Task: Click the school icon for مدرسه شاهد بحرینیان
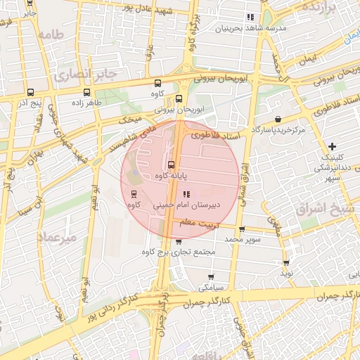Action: (250, 17)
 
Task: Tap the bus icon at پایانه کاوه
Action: (172, 165)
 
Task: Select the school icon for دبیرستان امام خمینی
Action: (186, 194)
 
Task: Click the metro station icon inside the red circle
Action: (133, 194)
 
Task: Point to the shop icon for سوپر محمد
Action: (242, 229)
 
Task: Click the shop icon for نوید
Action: (285, 262)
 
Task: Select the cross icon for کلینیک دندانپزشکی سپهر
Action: (333, 147)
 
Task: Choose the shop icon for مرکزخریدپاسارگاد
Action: (279, 119)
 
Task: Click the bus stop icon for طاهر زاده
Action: (86, 92)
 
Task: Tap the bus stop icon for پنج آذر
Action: (30, 92)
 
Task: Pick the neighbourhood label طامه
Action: (52, 34)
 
